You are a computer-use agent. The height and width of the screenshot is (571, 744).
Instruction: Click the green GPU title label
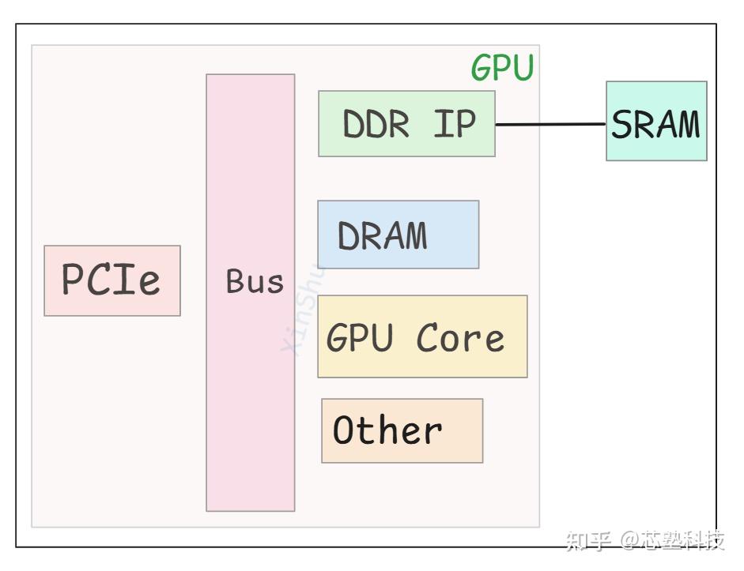pos(503,69)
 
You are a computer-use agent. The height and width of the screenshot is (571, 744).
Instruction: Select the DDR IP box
pos(406,123)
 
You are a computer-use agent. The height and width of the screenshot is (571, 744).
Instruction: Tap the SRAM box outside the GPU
pos(656,121)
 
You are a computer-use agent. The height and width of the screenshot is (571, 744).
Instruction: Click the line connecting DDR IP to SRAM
pos(550,124)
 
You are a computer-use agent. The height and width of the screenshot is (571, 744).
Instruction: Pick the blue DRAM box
pos(398,235)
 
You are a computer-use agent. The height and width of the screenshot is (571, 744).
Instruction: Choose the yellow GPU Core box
pos(422,336)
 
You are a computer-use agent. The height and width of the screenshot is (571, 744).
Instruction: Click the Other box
pos(402,430)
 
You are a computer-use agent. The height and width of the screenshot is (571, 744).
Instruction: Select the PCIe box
pos(112,280)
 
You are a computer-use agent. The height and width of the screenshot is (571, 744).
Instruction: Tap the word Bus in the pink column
pos(254,282)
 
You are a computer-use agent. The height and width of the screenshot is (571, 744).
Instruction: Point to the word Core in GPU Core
pos(460,338)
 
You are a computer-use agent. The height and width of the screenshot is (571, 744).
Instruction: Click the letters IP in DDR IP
pos(455,124)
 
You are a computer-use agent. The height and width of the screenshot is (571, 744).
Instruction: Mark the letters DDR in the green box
pos(376,125)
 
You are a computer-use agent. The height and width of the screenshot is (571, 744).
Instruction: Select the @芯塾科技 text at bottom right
pos(672,540)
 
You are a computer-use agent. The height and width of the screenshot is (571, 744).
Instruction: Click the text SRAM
pos(656,125)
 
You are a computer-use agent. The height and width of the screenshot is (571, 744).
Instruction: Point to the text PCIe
pos(111,280)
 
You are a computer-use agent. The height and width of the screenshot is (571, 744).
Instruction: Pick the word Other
pos(387,430)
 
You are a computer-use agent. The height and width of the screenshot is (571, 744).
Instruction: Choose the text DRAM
pos(383,235)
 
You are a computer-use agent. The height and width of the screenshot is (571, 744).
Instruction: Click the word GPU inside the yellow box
pos(360,338)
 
